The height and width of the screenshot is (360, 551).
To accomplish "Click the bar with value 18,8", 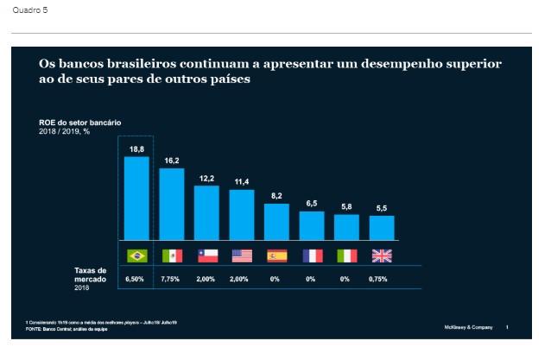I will click(x=136, y=198).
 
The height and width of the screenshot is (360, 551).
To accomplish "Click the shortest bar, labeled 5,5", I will click(x=381, y=227).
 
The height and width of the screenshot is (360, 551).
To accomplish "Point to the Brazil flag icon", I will click(x=136, y=256).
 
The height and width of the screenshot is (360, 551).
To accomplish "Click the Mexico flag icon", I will click(x=172, y=256).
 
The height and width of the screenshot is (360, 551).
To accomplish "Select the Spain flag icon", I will click(x=276, y=256).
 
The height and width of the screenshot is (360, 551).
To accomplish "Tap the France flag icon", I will click(x=312, y=256).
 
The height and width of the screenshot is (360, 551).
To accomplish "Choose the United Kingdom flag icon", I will click(x=381, y=256).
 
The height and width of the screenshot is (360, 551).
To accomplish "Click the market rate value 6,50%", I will click(x=136, y=280).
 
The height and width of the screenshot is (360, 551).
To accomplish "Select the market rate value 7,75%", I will click(x=172, y=280).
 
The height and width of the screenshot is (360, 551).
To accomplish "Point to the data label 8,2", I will click(x=276, y=196).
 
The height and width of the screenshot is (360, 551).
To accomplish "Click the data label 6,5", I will click(x=312, y=203).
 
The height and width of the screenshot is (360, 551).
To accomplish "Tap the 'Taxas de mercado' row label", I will click(x=89, y=275).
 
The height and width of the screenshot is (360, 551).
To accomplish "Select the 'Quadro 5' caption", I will click(x=26, y=9).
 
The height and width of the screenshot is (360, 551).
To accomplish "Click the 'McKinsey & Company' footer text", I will click(x=468, y=327).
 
